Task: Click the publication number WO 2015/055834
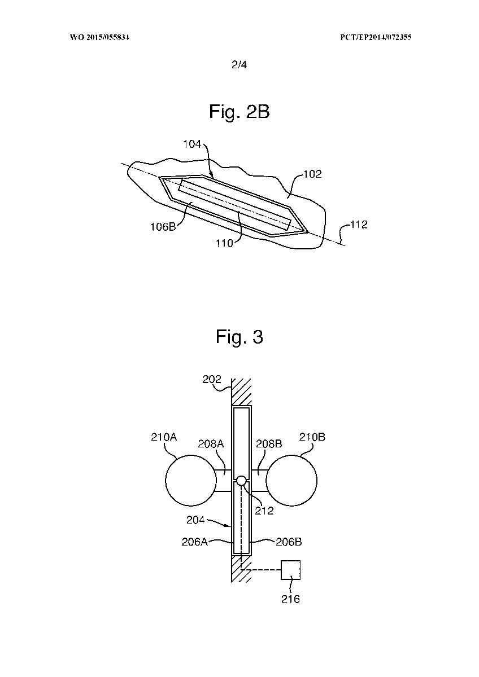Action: point(99,37)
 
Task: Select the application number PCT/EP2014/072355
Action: point(376,37)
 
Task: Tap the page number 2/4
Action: point(239,65)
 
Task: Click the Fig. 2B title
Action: point(239,112)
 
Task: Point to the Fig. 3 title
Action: point(239,336)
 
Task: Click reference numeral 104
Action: point(192,144)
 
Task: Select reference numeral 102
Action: point(312,174)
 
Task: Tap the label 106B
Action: point(163,227)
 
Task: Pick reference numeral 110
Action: point(224,243)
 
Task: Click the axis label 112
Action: point(359,225)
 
